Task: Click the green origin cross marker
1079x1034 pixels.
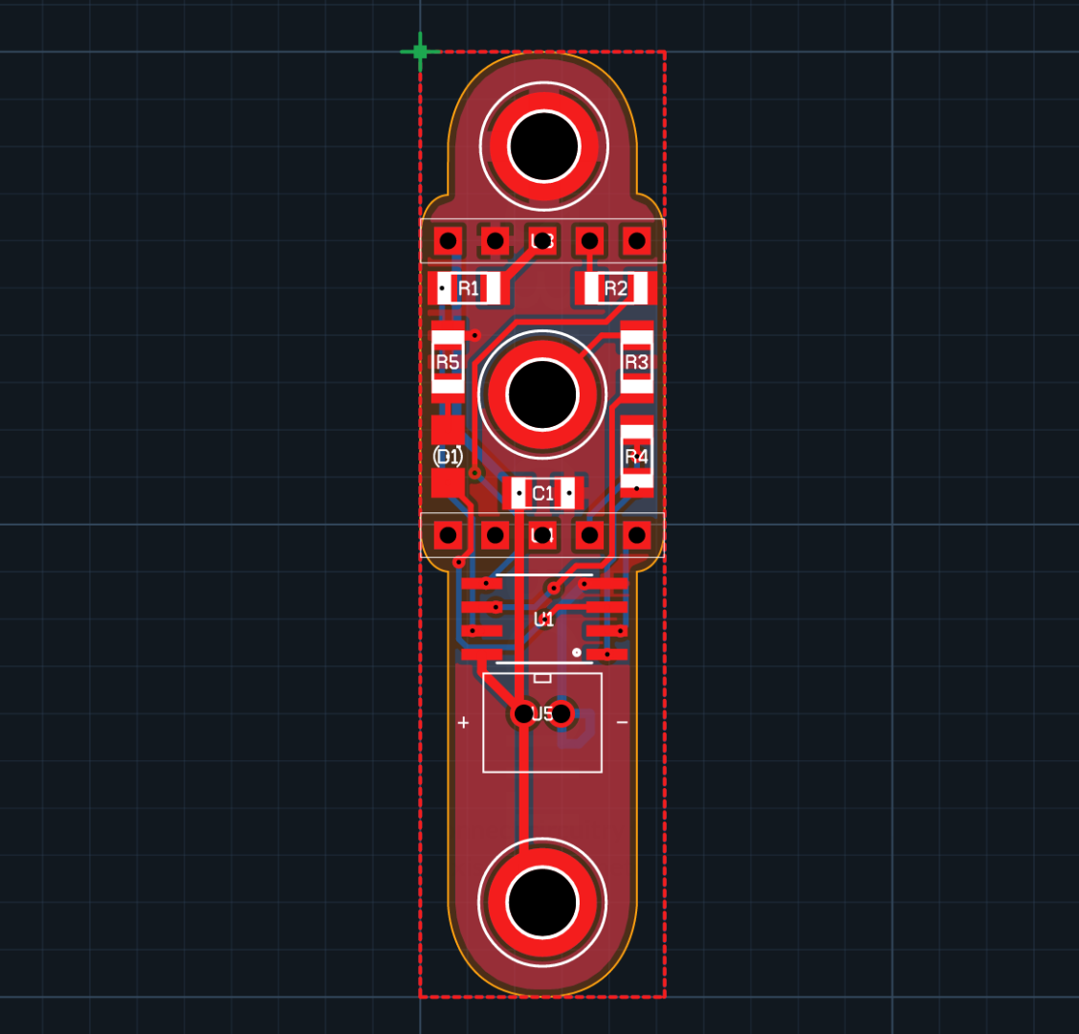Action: click(x=420, y=52)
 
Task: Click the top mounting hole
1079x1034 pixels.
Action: click(x=543, y=146)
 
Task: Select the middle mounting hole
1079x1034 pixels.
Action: click(x=542, y=393)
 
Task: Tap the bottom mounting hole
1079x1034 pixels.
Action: click(x=542, y=902)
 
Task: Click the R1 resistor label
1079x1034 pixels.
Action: click(x=469, y=288)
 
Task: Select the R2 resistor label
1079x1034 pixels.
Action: click(x=616, y=288)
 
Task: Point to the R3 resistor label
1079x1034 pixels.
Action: click(x=636, y=362)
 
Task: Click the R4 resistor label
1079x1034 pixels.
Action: click(x=636, y=457)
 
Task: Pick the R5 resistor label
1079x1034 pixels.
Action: click(x=448, y=362)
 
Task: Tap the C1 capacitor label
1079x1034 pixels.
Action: click(x=542, y=493)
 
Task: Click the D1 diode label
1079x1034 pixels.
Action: click(x=448, y=457)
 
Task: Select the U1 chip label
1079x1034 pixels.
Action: click(x=543, y=619)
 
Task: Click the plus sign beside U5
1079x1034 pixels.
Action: click(x=463, y=723)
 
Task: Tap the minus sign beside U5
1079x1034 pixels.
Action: click(x=622, y=723)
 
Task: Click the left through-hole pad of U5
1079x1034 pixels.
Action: click(x=523, y=713)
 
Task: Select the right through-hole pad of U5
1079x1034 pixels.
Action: click(x=562, y=713)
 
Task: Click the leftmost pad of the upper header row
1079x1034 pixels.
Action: click(x=448, y=240)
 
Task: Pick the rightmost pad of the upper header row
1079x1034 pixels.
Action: click(x=636, y=240)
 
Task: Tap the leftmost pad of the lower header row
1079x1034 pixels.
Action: click(x=448, y=534)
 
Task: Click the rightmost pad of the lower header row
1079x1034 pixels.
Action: click(x=636, y=534)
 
